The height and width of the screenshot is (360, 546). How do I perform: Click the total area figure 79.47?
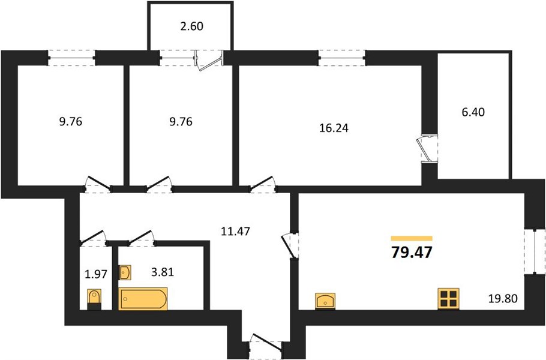click(x=412, y=252)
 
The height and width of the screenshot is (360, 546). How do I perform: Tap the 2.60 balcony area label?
click(x=191, y=26)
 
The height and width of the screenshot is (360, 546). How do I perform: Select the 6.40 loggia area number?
click(x=473, y=112)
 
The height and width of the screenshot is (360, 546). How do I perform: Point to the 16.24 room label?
click(x=334, y=128)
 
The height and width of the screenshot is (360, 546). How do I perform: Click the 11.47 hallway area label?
click(x=235, y=231)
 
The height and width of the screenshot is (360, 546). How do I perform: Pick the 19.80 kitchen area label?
click(x=503, y=298)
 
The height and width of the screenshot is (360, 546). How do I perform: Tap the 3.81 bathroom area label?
click(x=162, y=272)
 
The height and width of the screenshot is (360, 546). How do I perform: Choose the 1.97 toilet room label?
click(x=96, y=274)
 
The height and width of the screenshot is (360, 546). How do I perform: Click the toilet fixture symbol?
click(x=94, y=299)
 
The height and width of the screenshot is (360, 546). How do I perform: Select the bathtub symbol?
click(x=143, y=299)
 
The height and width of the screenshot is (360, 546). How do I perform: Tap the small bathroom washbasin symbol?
click(x=125, y=272)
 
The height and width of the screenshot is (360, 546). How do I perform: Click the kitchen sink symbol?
click(x=325, y=301)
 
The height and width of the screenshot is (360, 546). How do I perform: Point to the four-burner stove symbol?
click(x=449, y=299)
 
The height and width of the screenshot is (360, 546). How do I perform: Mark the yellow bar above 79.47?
click(x=412, y=238)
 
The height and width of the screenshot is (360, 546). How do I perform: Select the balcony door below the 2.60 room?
click(x=209, y=60)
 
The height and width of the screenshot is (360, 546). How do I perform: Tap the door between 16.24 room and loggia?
click(x=427, y=149)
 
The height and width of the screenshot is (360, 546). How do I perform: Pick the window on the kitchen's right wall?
click(x=534, y=250)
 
